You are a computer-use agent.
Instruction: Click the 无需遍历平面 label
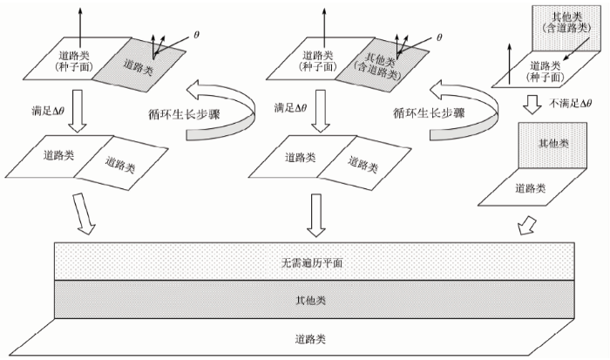click(312, 263)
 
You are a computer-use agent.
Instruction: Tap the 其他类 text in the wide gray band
click(310, 300)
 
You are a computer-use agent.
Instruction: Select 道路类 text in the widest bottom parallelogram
click(310, 339)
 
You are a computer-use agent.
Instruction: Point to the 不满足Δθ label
click(570, 103)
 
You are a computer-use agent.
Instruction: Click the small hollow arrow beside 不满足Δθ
click(532, 105)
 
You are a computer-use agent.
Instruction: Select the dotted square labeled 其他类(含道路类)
click(566, 29)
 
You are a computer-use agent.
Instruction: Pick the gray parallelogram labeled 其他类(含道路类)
click(383, 65)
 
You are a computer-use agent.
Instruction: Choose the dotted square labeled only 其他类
click(552, 146)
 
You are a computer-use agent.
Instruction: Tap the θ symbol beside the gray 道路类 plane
click(196, 35)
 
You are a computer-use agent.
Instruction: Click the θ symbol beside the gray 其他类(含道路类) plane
click(439, 37)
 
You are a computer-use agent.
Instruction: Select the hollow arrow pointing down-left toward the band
click(526, 227)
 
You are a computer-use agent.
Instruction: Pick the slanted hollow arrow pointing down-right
click(84, 214)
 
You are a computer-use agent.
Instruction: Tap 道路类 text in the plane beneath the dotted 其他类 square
click(531, 188)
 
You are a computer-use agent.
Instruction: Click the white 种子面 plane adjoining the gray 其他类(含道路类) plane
click(322, 58)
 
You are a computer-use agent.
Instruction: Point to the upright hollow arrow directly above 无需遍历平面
click(316, 215)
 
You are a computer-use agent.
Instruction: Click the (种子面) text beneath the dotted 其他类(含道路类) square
click(546, 77)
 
